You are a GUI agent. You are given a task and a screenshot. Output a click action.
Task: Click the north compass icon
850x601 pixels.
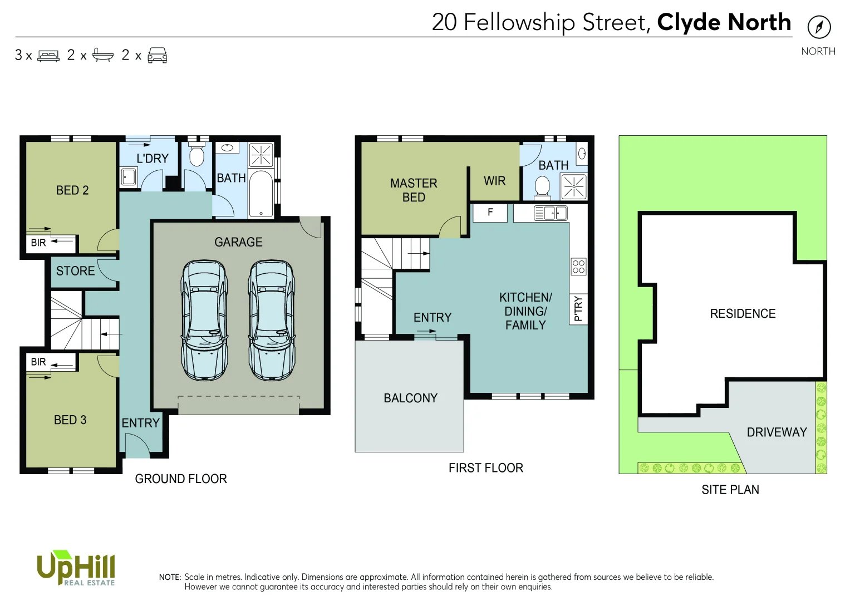pyautogui.click(x=819, y=27)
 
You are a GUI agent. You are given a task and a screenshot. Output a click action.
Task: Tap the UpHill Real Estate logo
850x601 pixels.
pyautogui.click(x=76, y=568)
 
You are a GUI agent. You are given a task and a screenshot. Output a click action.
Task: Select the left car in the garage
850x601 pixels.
pyautogui.click(x=204, y=320)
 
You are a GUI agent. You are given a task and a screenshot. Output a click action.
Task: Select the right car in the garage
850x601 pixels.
pyautogui.click(x=272, y=320)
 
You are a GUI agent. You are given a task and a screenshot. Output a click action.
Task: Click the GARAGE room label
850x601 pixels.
pyautogui.click(x=238, y=242)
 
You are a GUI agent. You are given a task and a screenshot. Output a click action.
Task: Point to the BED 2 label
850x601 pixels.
pyautogui.click(x=72, y=190)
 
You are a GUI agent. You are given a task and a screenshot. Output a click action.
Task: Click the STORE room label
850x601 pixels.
pyautogui.click(x=75, y=271)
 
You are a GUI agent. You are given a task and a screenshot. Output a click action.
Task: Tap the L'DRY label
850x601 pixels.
pyautogui.click(x=153, y=159)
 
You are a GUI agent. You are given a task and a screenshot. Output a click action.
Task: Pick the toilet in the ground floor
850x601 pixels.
pyautogui.click(x=196, y=155)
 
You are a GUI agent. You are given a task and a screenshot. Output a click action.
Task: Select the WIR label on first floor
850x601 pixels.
pyautogui.click(x=494, y=181)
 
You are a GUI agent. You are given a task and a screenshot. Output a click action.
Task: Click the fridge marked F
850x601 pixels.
pyautogui.click(x=490, y=213)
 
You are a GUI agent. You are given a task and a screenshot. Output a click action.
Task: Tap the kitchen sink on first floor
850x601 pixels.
pyautogui.click(x=551, y=213)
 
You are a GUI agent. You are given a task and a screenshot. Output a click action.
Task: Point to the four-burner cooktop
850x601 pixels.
pyautogui.click(x=578, y=267)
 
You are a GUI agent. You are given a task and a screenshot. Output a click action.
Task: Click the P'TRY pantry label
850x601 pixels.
pyautogui.click(x=578, y=308)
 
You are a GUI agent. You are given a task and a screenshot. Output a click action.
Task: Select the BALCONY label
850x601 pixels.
pyautogui.click(x=410, y=398)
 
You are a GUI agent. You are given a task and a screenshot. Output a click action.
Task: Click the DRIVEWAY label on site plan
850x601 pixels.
pyautogui.click(x=777, y=432)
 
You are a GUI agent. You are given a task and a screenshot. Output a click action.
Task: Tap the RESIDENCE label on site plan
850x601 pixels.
pyautogui.click(x=743, y=314)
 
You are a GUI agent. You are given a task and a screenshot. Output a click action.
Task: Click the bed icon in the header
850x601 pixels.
pyautogui.click(x=48, y=56)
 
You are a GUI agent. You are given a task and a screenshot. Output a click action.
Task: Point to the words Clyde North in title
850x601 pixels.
pyautogui.click(x=724, y=22)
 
